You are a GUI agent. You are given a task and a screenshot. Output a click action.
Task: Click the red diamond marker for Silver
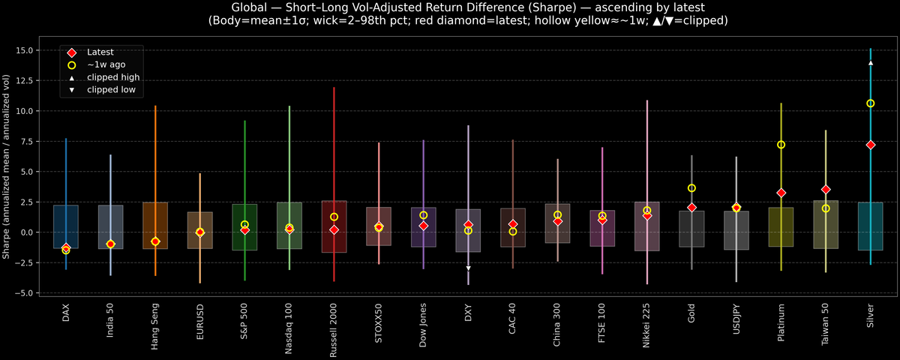tap(871, 145)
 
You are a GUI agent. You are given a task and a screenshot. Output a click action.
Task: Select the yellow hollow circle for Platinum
tap(781, 145)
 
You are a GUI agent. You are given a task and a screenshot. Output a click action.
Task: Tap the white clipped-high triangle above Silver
tap(871, 63)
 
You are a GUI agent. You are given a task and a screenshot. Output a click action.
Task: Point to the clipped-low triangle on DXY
tap(469, 268)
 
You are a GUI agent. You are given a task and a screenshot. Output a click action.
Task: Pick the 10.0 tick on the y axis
tap(31, 111)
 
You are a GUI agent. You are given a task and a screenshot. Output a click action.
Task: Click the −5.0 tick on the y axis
tap(31, 292)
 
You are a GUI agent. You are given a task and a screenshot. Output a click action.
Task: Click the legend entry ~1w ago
tap(104, 65)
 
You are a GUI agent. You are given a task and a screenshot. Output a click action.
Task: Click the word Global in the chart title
tap(250, 7)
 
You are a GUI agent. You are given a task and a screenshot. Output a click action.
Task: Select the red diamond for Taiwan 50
tap(826, 190)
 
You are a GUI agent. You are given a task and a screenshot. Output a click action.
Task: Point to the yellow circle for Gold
tap(692, 188)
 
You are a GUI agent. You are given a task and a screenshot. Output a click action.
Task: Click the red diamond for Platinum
tap(781, 193)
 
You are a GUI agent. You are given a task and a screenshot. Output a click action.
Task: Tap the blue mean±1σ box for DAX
tap(66, 226)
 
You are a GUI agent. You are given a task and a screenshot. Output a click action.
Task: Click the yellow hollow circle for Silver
tap(871, 103)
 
